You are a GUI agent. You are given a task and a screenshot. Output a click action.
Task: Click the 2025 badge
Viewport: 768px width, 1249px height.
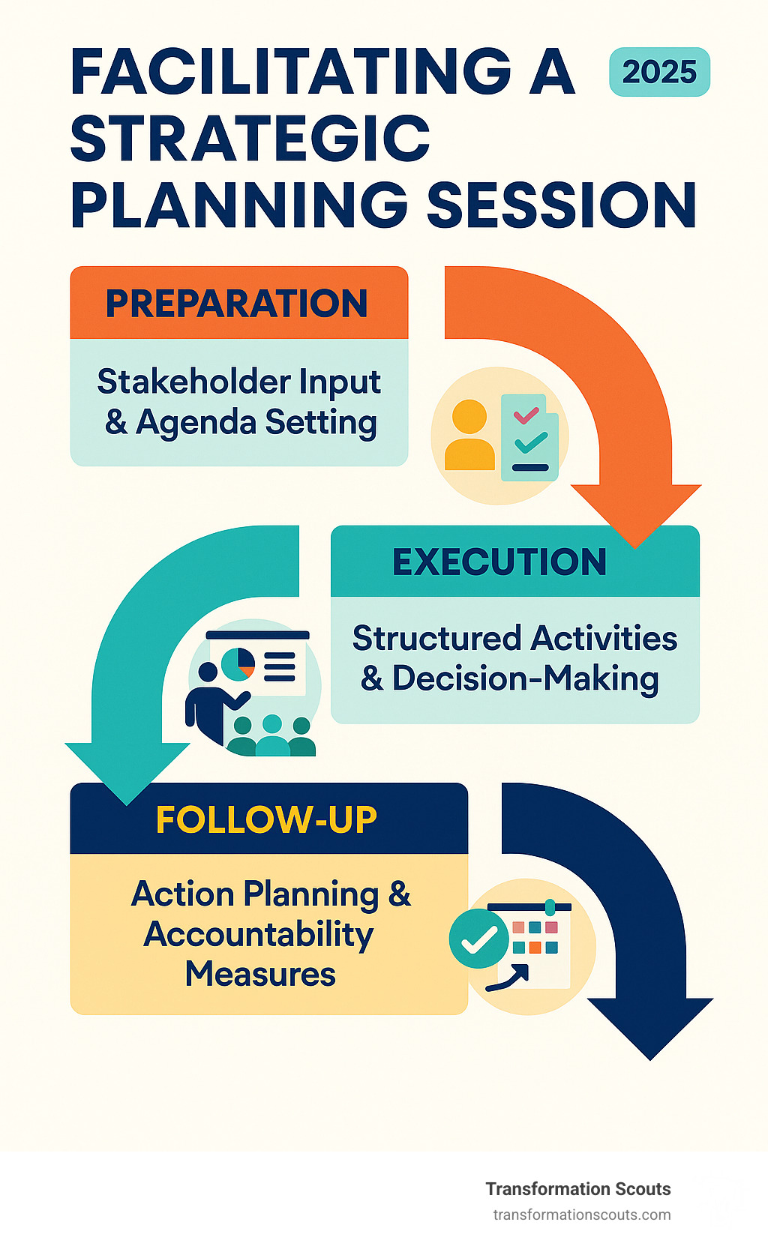(659, 72)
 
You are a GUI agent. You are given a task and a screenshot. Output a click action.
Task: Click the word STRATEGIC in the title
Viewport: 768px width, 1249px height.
(250, 139)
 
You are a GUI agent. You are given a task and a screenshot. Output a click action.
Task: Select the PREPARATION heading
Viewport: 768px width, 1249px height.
(237, 304)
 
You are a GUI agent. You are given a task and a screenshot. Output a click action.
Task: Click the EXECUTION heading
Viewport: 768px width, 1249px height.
(499, 562)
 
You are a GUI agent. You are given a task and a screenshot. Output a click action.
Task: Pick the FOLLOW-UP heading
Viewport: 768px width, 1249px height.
(266, 819)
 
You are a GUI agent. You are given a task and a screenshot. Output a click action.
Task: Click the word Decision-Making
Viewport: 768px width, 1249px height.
(526, 678)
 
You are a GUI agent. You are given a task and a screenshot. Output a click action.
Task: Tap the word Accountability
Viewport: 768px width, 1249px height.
(259, 935)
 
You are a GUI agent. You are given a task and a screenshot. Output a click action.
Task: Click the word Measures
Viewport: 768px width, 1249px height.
(260, 975)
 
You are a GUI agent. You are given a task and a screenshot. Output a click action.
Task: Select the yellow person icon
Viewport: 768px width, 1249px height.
(469, 434)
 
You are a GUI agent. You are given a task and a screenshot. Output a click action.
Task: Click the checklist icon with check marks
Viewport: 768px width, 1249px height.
(529, 437)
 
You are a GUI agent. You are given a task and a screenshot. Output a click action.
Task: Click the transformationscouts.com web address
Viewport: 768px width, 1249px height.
(582, 1215)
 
